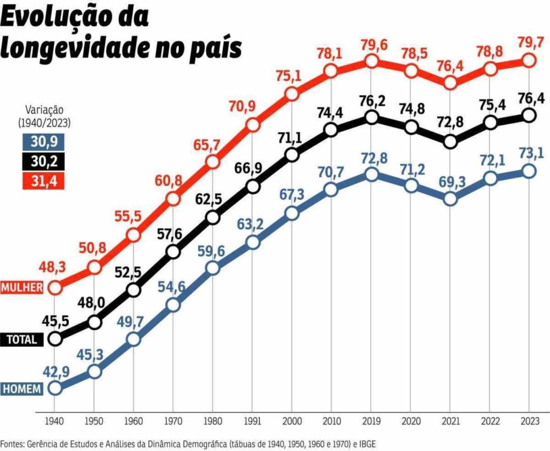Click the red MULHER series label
(21, 287)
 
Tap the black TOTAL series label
(21, 339)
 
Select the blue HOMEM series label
(21, 389)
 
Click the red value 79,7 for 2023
(529, 41)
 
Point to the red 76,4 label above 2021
(450, 64)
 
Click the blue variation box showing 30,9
(41, 142)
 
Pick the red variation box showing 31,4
(41, 181)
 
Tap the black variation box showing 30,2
(41, 161)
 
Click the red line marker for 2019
(371, 62)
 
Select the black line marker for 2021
(450, 142)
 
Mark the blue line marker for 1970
(173, 305)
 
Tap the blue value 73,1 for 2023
(529, 152)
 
